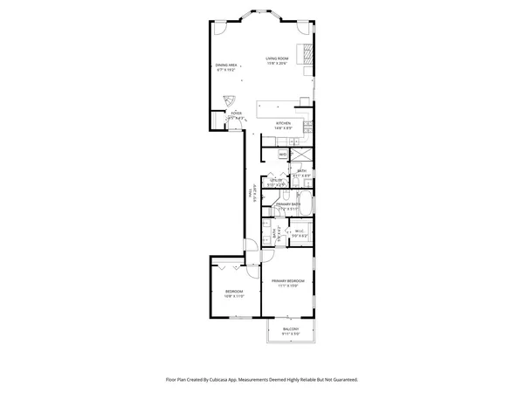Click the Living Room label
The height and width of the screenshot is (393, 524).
click(x=277, y=59)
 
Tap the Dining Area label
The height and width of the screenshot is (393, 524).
click(x=227, y=65)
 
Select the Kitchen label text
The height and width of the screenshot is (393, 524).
click(x=283, y=123)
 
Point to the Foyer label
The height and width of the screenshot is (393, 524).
click(x=236, y=113)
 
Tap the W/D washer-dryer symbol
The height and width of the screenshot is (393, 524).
click(x=283, y=155)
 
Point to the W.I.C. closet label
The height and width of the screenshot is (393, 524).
click(x=299, y=231)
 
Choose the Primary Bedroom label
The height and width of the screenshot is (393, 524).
click(x=287, y=280)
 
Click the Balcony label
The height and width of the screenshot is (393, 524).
click(x=290, y=329)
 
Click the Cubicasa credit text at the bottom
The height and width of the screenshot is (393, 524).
click(x=261, y=380)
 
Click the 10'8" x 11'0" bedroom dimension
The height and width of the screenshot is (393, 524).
click(x=234, y=296)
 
